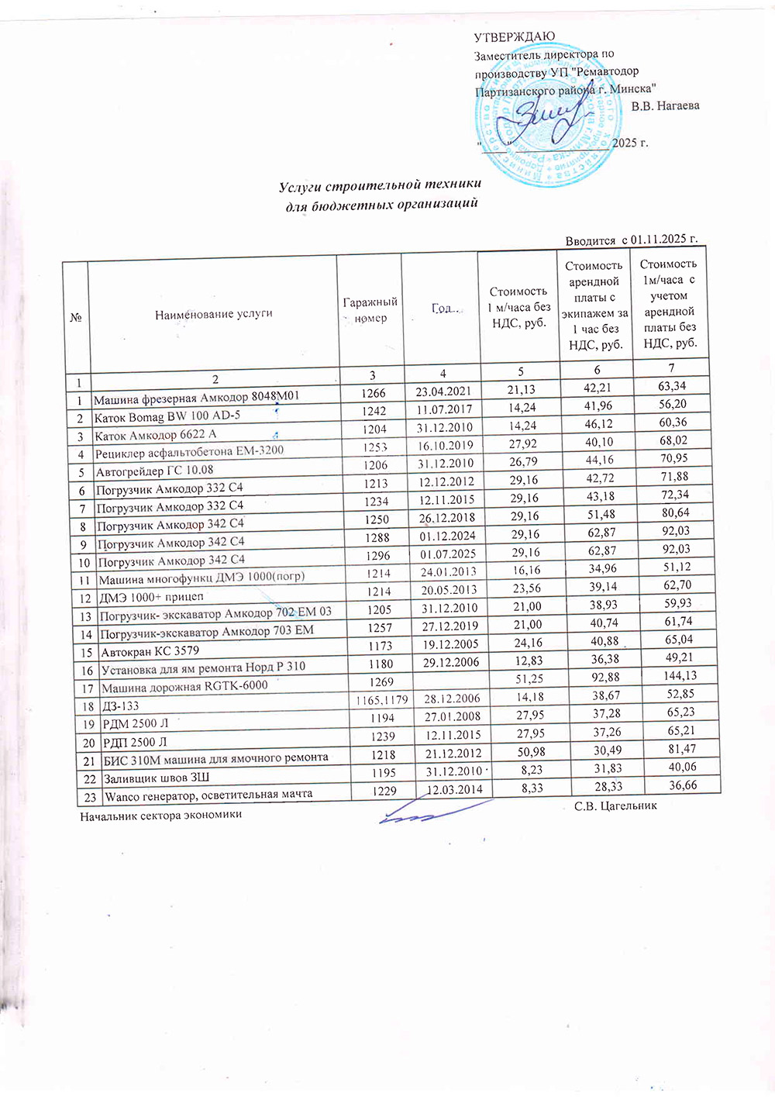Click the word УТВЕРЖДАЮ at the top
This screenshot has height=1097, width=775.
pyautogui.click(x=514, y=37)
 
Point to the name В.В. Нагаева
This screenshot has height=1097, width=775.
pyautogui.click(x=665, y=105)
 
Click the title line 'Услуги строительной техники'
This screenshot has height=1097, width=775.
pyautogui.click(x=380, y=185)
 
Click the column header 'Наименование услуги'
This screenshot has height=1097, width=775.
pyautogui.click(x=214, y=314)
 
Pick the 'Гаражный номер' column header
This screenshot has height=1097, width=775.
pyautogui.click(x=370, y=310)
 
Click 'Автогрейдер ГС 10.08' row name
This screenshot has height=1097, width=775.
pyautogui.click(x=154, y=471)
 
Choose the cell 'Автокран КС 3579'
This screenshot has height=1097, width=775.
pyautogui.click(x=150, y=651)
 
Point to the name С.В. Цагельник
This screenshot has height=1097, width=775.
pyautogui.click(x=615, y=806)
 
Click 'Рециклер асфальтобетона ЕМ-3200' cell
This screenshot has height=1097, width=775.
pyautogui.click(x=189, y=452)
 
